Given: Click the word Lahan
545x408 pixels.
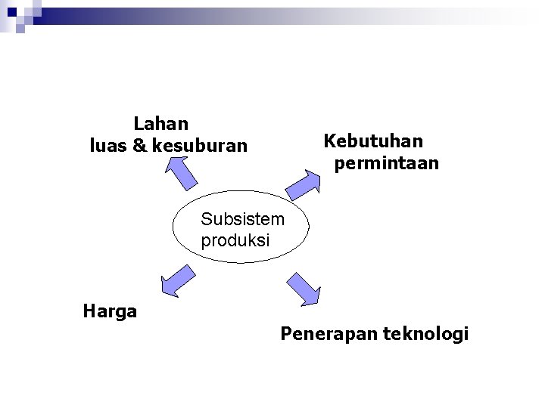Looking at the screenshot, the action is click(161, 122).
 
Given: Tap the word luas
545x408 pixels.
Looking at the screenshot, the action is click(108, 145).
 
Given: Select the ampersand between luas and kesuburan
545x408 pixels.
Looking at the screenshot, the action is click(140, 145).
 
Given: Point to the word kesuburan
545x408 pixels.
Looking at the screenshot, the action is click(200, 145).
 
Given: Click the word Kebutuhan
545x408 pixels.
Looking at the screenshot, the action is click(373, 141).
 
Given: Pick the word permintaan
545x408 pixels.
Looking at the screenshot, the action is click(386, 163).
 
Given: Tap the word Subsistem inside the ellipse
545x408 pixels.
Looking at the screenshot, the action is click(242, 220).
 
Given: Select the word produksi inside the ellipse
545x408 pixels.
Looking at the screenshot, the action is click(235, 240).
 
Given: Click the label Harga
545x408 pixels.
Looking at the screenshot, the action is click(110, 311).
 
